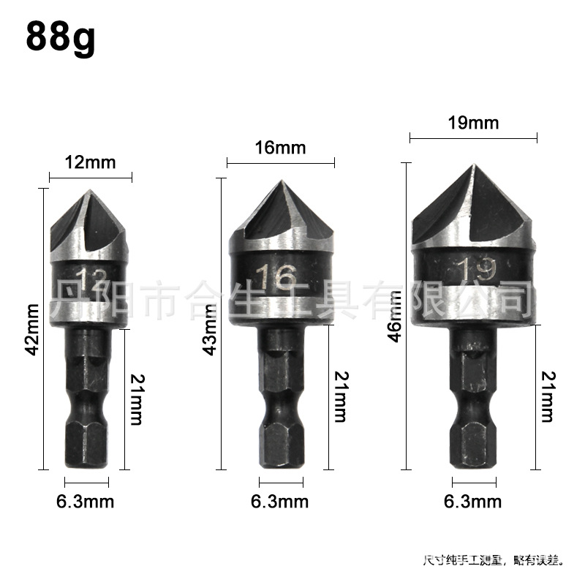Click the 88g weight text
click(61, 38)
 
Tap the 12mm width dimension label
click(91, 162)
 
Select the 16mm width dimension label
click(281, 148)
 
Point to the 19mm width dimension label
click(473, 123)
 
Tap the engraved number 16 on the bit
click(276, 278)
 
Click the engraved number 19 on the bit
click(472, 268)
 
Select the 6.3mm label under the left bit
click(86, 502)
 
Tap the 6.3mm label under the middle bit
click(279, 502)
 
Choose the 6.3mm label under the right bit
click(473, 502)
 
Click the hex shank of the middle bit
click(280, 409)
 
